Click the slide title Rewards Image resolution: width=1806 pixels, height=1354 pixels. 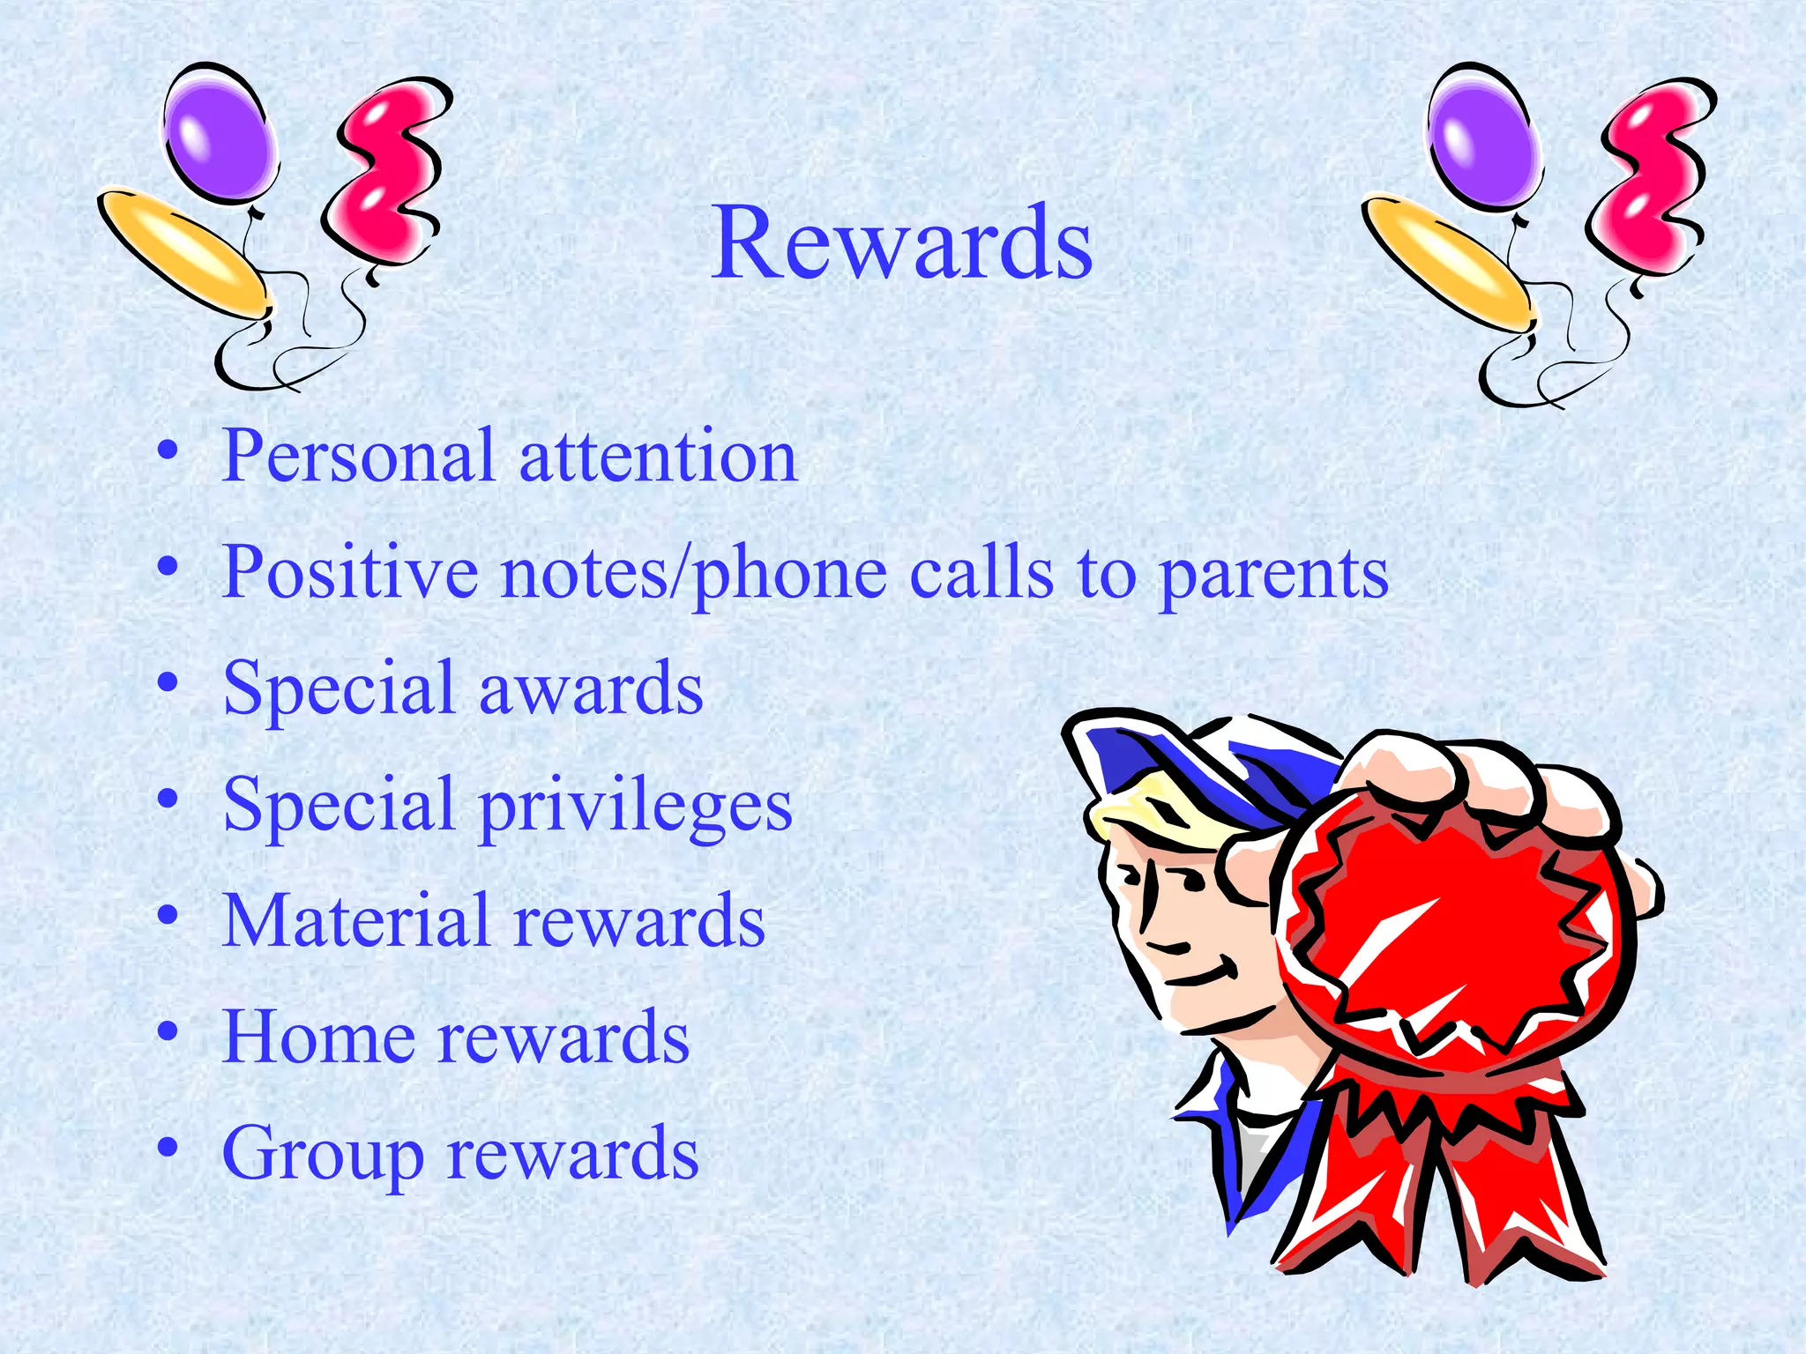coord(902,242)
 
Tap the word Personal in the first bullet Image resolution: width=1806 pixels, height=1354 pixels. coord(357,457)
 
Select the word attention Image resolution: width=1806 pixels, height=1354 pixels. coord(658,457)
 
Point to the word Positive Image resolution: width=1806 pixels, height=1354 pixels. coord(350,573)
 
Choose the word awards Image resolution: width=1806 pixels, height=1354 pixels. coord(590,688)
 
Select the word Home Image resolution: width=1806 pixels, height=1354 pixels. coord(317,1038)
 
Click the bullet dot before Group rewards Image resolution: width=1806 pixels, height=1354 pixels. coord(168,1148)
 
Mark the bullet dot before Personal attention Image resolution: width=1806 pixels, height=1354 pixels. coord(168,451)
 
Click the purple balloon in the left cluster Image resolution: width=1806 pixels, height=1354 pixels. coord(218,132)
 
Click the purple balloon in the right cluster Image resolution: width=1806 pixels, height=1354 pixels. coord(1484,137)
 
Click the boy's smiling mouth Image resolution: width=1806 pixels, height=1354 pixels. coord(1204,974)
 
